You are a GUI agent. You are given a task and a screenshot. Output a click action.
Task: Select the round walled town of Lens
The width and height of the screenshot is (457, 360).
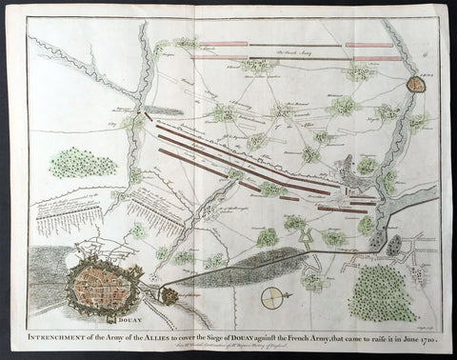(416, 84)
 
